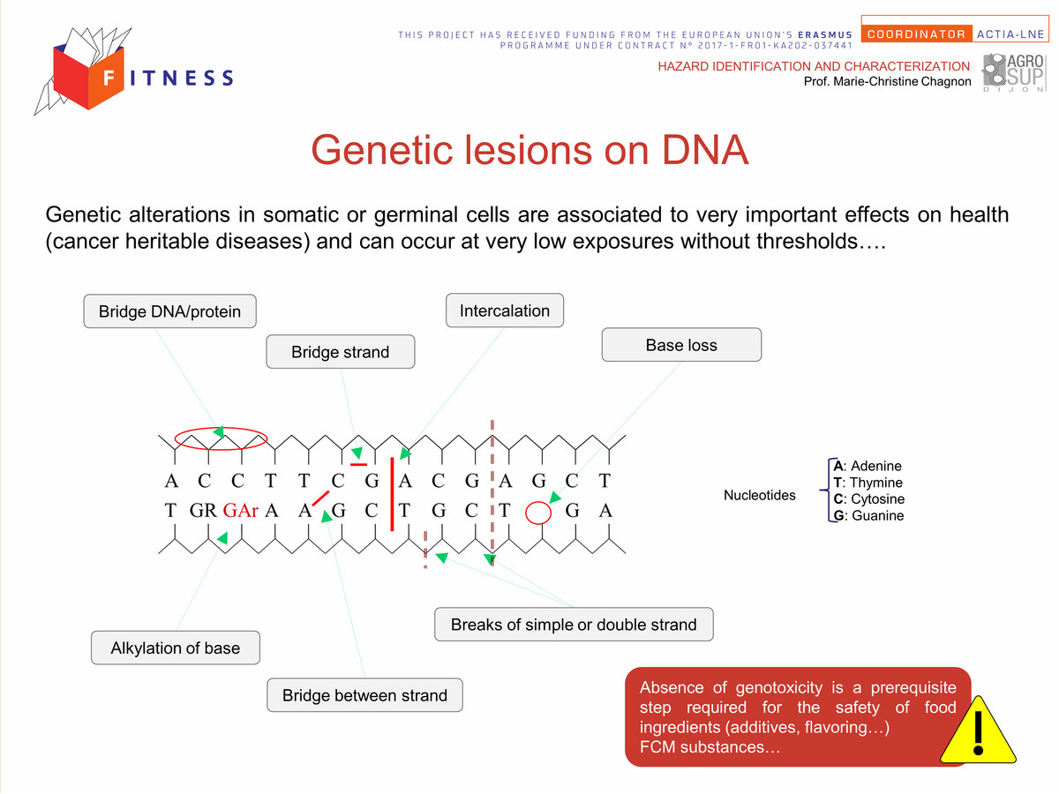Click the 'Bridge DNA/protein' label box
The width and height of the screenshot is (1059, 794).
(x=169, y=311)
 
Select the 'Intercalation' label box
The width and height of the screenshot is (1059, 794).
(x=505, y=311)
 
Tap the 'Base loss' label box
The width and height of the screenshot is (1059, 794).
(x=681, y=345)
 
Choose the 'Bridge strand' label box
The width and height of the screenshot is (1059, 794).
(x=340, y=351)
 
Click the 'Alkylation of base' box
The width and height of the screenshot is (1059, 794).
(x=175, y=648)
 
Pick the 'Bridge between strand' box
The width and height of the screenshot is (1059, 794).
(x=364, y=694)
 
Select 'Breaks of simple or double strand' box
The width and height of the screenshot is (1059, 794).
(x=574, y=625)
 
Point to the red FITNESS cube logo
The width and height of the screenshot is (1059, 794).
(x=87, y=77)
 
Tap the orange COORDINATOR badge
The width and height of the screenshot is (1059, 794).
(x=916, y=34)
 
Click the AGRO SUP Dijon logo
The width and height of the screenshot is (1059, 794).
(x=1014, y=72)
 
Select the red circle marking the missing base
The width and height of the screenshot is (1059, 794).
(x=538, y=513)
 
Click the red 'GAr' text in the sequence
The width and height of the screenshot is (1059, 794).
(x=240, y=510)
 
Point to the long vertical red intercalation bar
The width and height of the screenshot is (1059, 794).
(x=392, y=494)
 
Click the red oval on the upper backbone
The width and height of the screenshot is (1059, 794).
(x=221, y=438)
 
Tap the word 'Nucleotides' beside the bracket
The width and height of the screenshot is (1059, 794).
(x=760, y=495)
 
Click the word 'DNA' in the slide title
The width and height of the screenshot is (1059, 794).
(x=705, y=150)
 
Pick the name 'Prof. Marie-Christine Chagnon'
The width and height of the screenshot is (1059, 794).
(x=887, y=81)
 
